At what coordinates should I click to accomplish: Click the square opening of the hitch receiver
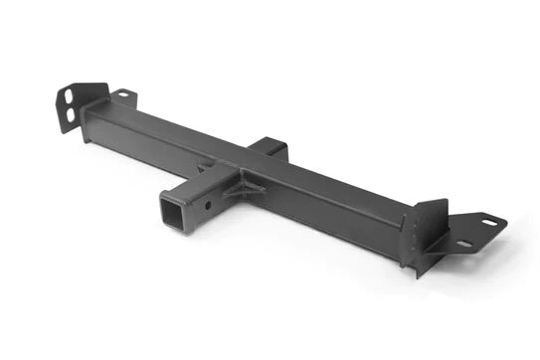[x=172, y=212]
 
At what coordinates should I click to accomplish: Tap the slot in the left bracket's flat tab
[x=122, y=94]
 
